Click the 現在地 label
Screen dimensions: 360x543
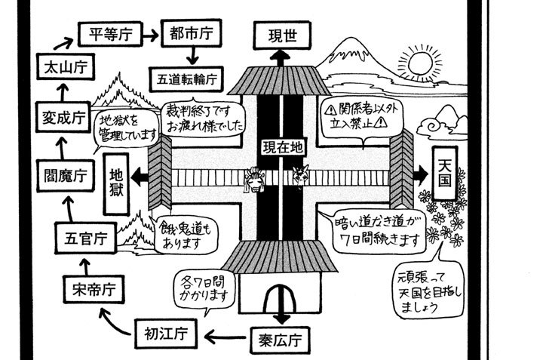(282, 144)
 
